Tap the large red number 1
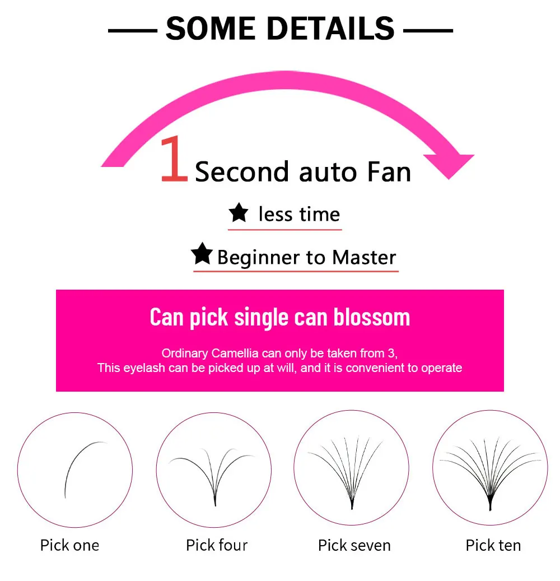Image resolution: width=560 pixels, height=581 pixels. [174, 160]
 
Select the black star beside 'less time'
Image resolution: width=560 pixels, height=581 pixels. [239, 213]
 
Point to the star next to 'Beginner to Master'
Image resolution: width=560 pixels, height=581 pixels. [202, 254]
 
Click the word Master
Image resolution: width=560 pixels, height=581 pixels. [364, 258]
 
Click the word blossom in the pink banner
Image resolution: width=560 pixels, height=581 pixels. [372, 317]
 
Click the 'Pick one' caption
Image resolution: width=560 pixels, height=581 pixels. [69, 545]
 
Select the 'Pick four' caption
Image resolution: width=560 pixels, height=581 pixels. [217, 545]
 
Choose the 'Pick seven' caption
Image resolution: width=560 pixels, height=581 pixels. [354, 545]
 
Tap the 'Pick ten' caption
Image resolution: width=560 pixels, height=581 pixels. [493, 545]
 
